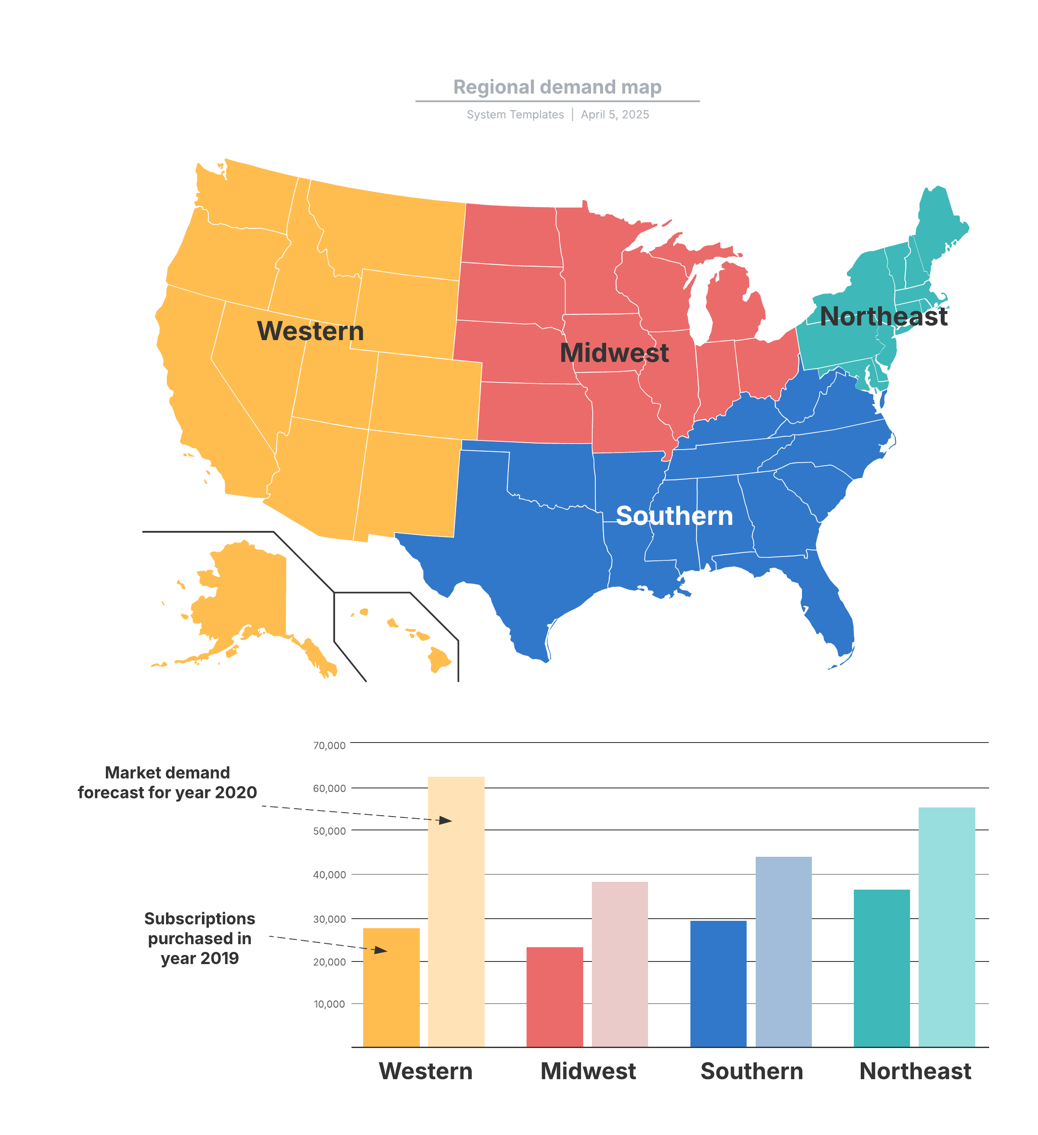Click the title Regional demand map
click(x=557, y=87)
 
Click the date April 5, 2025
click(x=614, y=115)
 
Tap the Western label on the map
click(x=310, y=331)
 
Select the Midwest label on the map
click(x=614, y=353)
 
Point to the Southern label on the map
click(x=674, y=516)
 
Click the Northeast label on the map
click(x=883, y=316)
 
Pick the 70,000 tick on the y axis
click(x=329, y=746)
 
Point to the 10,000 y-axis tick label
click(x=329, y=1004)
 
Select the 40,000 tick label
click(x=329, y=875)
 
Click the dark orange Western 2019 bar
click(x=391, y=991)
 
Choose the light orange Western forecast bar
click(x=456, y=912)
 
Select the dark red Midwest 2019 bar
click(x=554, y=999)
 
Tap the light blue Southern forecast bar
click(x=783, y=952)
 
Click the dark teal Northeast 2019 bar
click(x=881, y=968)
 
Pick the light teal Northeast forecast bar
click(x=946, y=929)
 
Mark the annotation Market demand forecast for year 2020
click(x=167, y=783)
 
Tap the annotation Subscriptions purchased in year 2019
click(x=199, y=938)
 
